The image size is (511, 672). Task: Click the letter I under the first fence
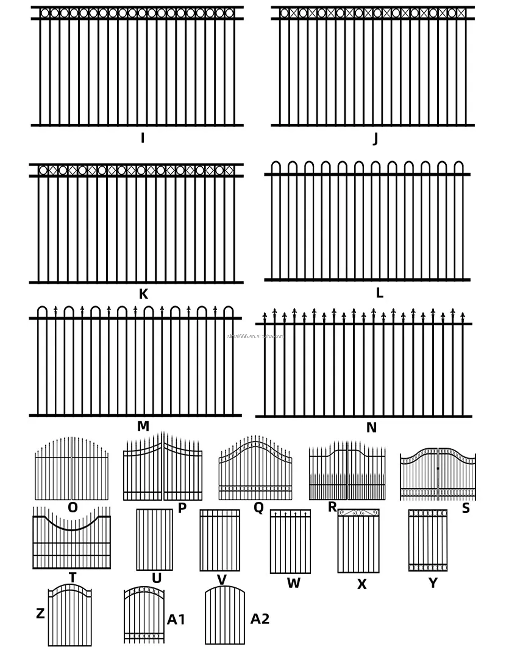143,138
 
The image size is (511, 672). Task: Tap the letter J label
375,139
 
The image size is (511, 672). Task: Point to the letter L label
379,293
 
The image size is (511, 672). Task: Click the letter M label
143,426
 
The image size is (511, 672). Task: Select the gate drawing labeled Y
428,540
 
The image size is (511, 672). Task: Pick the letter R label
332,507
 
